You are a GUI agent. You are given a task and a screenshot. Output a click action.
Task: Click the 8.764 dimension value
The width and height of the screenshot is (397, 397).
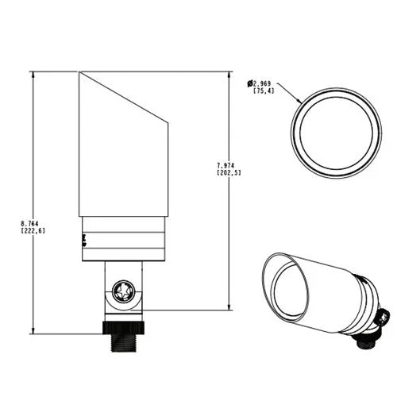(x=29, y=224)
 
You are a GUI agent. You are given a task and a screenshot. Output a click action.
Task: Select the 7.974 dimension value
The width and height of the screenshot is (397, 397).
(x=225, y=166)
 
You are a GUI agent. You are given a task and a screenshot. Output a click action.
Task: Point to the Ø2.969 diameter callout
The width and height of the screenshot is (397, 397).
(x=259, y=84)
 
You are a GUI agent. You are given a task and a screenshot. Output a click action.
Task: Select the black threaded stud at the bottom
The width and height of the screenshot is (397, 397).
(x=123, y=342)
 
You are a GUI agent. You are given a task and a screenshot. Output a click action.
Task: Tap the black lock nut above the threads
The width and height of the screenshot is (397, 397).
(x=123, y=328)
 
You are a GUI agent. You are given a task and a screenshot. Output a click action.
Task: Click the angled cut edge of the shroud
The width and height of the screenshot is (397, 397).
(x=123, y=97)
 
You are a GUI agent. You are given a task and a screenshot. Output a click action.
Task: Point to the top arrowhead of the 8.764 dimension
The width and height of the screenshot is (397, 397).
(x=33, y=75)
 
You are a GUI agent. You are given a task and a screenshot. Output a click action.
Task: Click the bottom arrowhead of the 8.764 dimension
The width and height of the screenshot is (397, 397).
(x=33, y=330)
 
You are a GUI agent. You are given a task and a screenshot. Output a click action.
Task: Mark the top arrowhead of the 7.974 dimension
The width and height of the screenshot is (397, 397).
(x=229, y=75)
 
